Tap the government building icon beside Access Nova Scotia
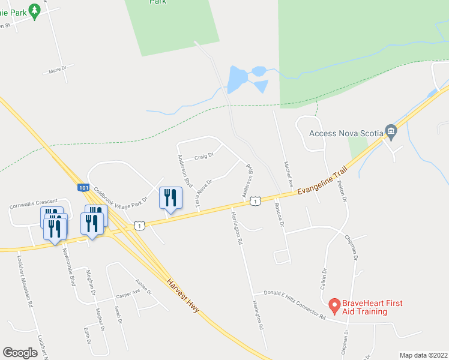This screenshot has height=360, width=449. (391, 130)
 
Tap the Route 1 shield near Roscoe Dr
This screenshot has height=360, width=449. (256, 201)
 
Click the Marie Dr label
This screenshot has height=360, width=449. (56, 71)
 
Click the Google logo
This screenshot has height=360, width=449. (20, 352)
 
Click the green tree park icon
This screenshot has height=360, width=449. (34, 10)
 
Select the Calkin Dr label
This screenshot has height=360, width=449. (323, 278)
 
